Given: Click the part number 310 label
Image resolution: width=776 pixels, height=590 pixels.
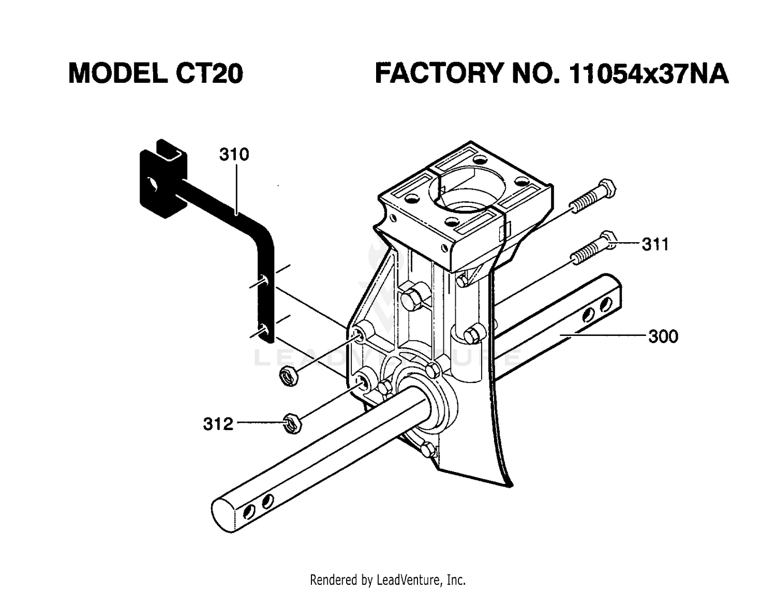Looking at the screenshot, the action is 234,154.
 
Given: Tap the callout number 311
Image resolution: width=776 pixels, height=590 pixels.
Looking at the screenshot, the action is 655,244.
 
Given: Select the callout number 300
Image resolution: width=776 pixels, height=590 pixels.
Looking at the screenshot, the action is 663,336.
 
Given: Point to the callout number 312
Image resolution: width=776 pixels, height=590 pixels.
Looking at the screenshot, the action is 218,424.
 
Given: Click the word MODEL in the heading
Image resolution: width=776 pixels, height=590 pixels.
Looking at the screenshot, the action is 118,73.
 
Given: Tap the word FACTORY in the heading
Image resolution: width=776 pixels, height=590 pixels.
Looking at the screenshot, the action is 438,73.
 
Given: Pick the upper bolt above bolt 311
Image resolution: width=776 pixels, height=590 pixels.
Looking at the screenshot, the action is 592,196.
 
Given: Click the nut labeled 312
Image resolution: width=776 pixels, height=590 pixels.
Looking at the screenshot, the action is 292,423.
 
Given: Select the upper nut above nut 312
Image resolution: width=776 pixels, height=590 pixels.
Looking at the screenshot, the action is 289,376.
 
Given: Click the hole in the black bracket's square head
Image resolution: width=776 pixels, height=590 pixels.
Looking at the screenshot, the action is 153,183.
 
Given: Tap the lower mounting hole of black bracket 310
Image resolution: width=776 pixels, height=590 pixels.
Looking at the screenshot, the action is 264,331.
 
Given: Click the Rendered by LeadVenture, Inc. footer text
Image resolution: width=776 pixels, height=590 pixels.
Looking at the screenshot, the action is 388,580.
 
